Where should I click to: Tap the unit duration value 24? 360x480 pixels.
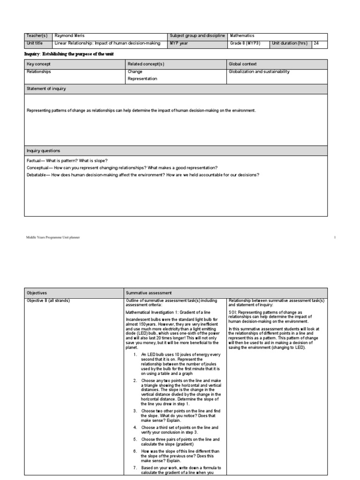click(316, 43)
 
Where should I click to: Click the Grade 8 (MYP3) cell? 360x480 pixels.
click(244, 43)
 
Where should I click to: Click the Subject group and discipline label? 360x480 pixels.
click(197, 36)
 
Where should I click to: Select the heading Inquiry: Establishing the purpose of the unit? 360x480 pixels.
click(69, 54)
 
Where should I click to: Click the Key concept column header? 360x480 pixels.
click(38, 64)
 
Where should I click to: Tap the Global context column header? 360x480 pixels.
click(242, 64)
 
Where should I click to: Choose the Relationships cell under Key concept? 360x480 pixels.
click(39, 72)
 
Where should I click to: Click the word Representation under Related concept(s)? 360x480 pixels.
click(142, 79)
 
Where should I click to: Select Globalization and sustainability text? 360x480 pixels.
click(259, 72)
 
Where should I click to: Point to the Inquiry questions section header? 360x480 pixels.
click(43, 151)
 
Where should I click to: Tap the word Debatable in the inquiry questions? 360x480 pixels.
click(37, 175)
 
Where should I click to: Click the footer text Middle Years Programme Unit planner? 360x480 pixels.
click(53, 238)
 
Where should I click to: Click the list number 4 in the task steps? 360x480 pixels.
click(135, 427)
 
